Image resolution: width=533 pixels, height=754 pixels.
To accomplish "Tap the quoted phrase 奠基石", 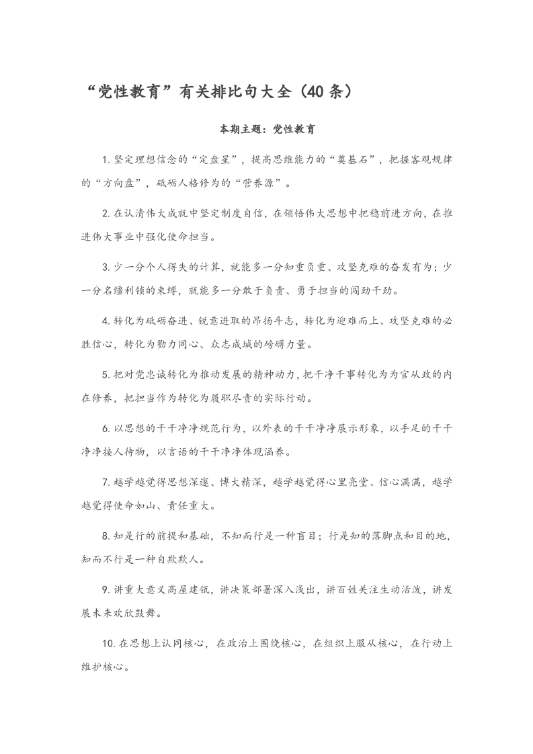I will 353,160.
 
